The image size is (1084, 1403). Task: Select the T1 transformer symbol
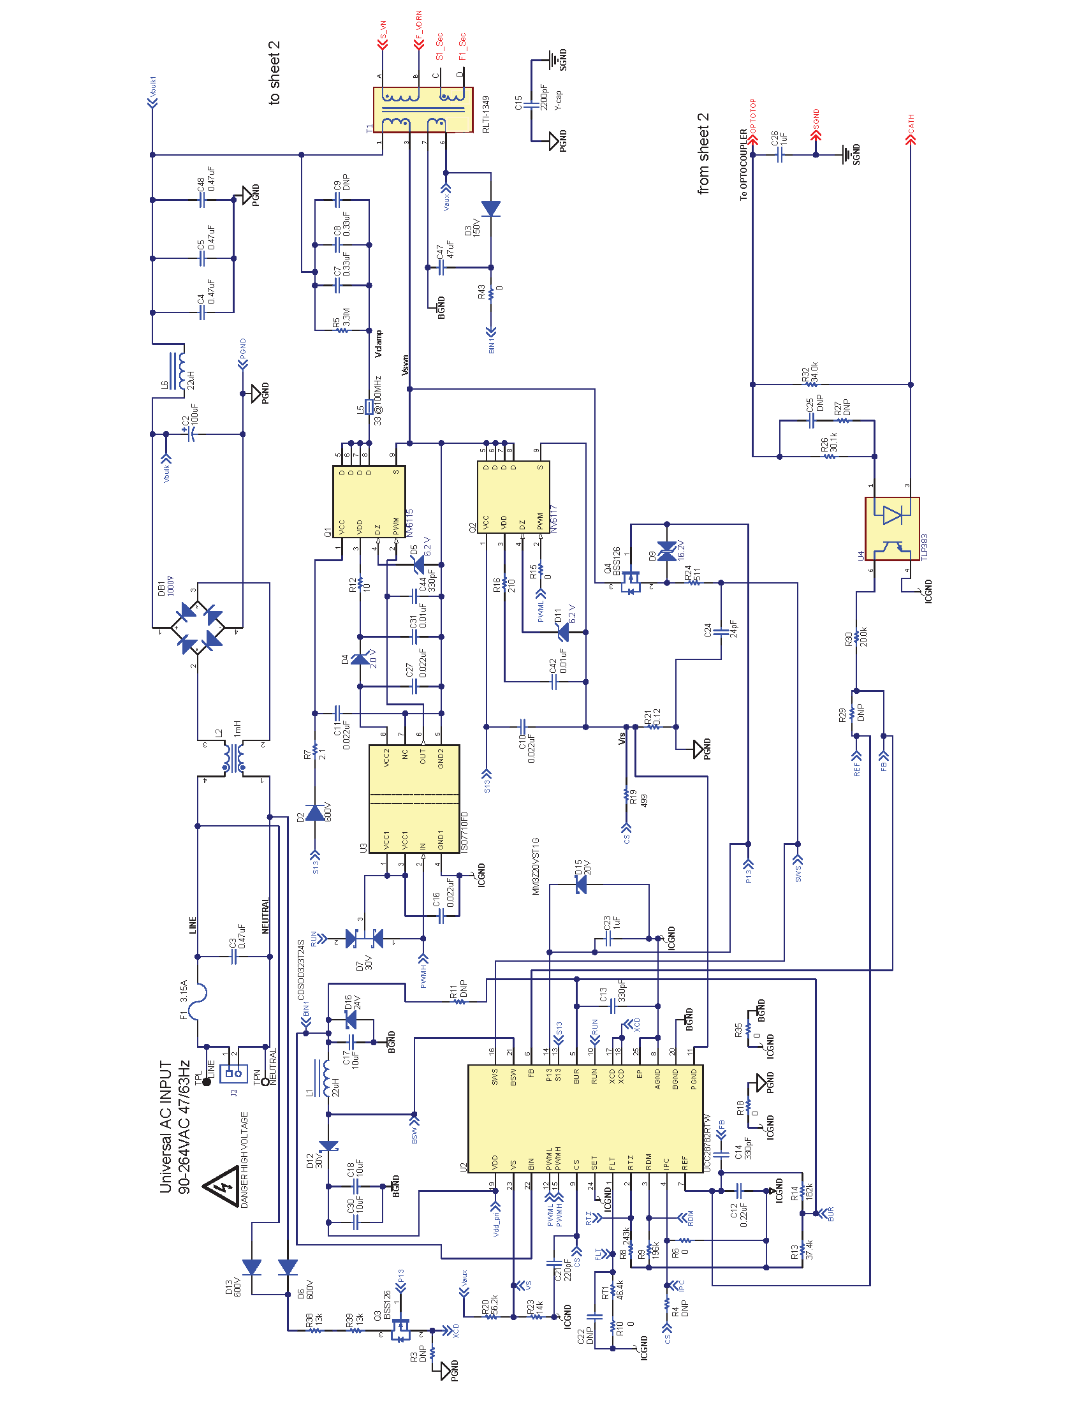(423, 110)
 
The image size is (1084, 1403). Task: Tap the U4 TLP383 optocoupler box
(892, 529)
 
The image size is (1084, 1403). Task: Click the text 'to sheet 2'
(274, 73)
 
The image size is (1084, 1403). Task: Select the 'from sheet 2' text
(703, 154)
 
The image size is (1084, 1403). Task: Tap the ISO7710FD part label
(464, 832)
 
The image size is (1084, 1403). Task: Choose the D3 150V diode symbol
(490, 209)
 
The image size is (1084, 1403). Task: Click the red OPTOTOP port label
(752, 115)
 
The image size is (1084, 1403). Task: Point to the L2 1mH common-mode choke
(233, 758)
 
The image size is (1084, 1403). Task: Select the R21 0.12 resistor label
(652, 717)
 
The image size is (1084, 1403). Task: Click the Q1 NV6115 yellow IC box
(369, 501)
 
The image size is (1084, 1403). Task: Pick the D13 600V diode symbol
(252, 1267)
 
